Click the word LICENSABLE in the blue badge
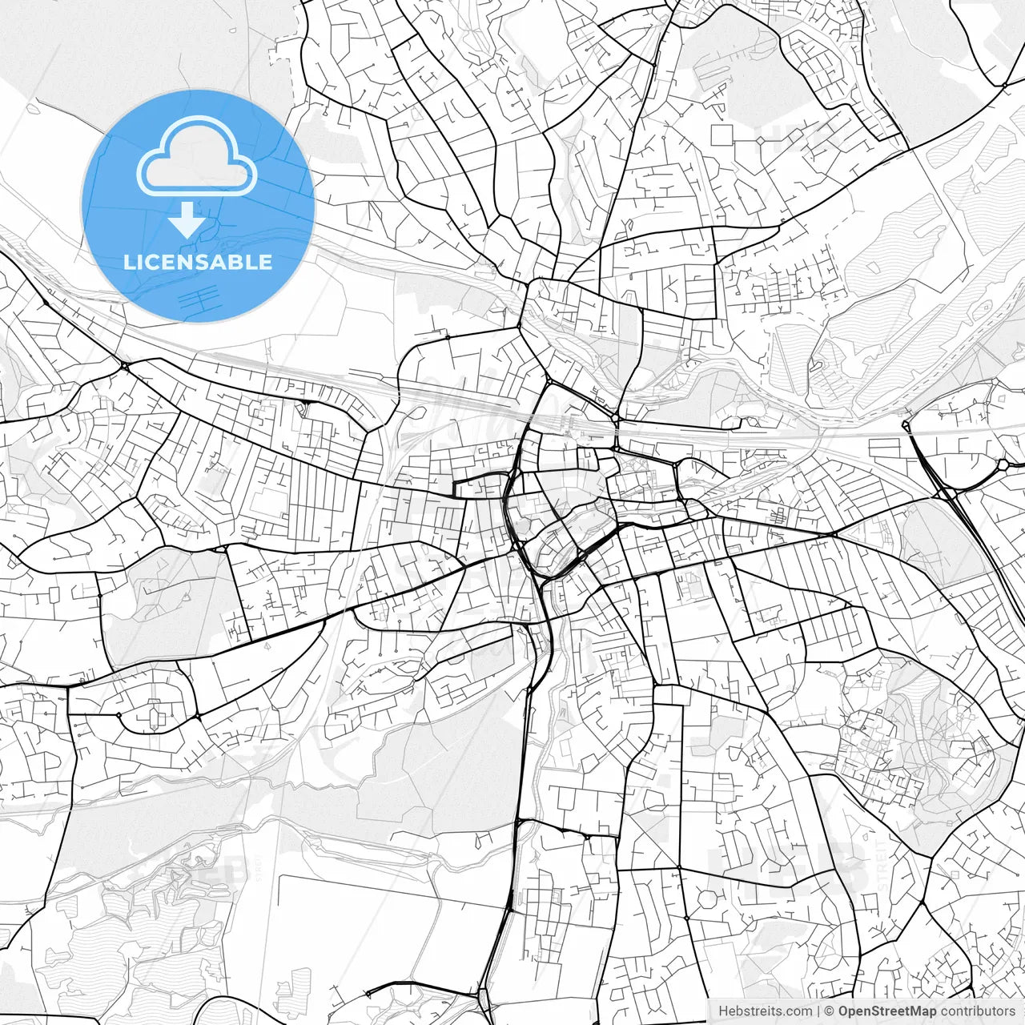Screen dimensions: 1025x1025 click(x=198, y=262)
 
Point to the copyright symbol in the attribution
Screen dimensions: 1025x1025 click(x=830, y=1011)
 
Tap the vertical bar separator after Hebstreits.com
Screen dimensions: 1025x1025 click(x=818, y=1011)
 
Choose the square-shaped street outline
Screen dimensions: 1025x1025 click(x=722, y=135)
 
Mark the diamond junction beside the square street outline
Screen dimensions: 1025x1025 click(x=759, y=141)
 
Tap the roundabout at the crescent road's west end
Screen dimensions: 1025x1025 click(x=118, y=714)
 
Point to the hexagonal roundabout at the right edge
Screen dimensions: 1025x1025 click(x=1003, y=464)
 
